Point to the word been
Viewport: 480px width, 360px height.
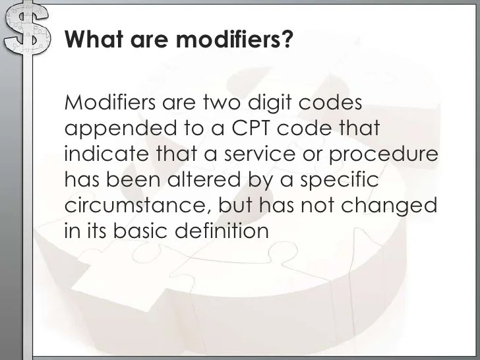point(143,179)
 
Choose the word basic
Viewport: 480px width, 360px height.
point(145,231)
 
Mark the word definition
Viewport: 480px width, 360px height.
point(227,231)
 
